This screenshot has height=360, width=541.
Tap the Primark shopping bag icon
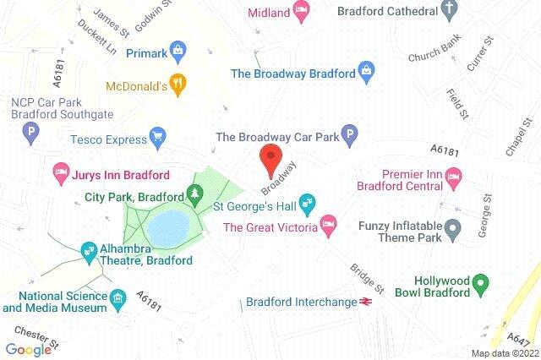[178, 51]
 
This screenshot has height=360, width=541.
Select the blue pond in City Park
[167, 226]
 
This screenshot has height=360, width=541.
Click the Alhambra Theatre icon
[88, 250]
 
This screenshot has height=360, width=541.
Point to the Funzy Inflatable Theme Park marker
[453, 227]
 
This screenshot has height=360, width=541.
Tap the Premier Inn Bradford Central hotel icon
[454, 177]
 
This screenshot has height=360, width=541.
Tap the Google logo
[28, 349]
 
